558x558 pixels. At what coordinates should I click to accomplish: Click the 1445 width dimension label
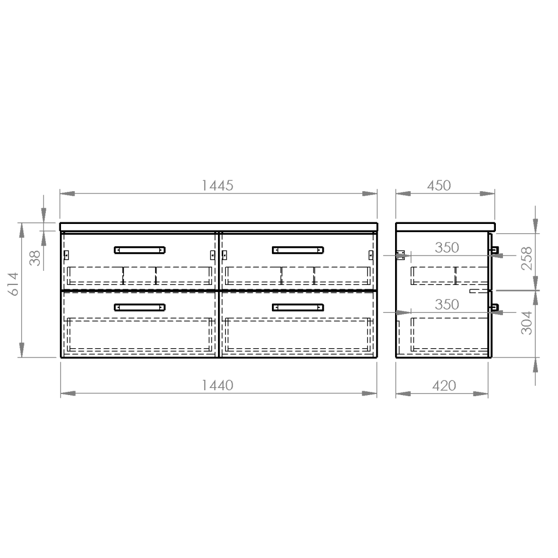coord(217,185)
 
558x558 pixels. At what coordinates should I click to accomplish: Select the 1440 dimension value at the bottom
coord(217,385)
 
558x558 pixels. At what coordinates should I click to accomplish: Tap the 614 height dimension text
coord(14,284)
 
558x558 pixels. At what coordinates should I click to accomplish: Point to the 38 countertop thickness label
coord(35,258)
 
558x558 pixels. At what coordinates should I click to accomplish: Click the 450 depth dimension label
coord(439,185)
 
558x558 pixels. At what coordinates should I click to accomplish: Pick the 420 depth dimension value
coord(444,386)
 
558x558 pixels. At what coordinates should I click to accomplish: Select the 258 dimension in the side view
coord(527,258)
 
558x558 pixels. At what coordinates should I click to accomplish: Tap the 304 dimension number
coord(527,323)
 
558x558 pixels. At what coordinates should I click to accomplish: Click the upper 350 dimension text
coord(447,248)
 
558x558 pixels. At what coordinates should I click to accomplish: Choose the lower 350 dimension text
coord(447,305)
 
